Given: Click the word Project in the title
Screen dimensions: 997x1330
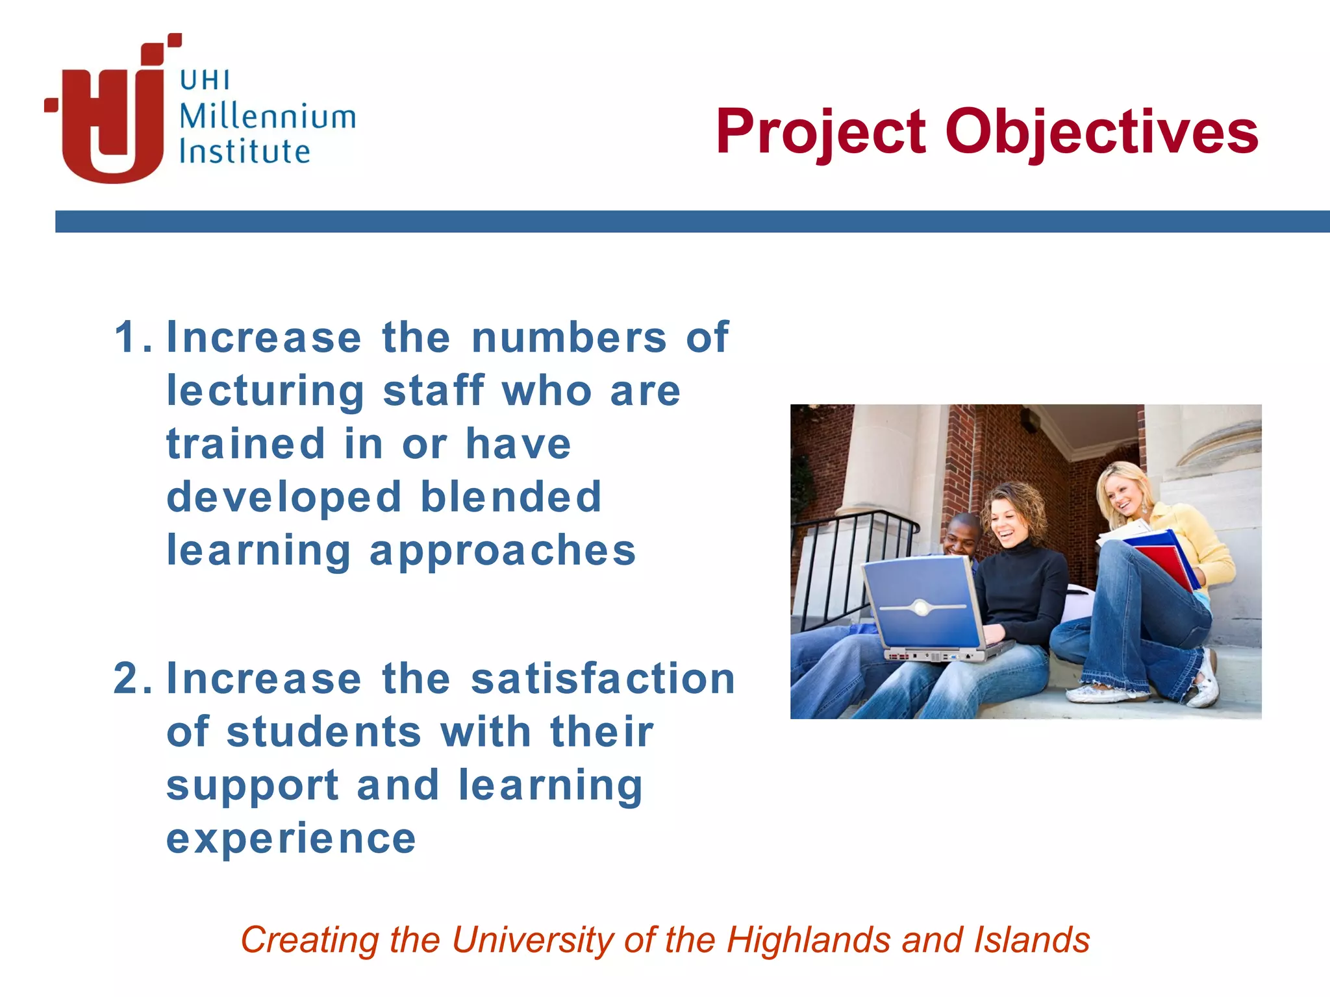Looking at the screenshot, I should click(820, 132).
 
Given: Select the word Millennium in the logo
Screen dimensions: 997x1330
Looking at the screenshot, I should click(267, 117).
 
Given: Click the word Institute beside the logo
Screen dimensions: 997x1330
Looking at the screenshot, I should click(244, 151).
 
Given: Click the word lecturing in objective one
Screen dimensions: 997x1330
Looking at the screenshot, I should click(266, 391).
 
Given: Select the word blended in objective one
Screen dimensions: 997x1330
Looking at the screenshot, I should click(511, 497).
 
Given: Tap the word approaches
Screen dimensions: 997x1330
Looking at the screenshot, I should click(503, 550).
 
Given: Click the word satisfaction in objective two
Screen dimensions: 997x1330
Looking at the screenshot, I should click(603, 678).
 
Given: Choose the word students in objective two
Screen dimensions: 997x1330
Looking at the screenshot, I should click(324, 732).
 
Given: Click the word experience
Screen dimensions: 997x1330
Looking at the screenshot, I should click(291, 838).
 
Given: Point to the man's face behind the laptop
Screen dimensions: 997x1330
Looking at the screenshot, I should click(960, 537).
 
